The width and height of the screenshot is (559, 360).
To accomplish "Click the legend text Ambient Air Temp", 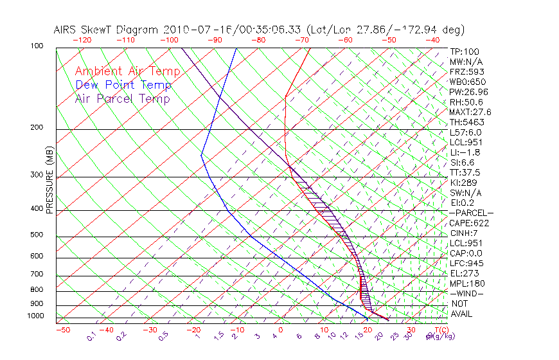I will point(127,71).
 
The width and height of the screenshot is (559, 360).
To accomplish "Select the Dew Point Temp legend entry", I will point(123,85).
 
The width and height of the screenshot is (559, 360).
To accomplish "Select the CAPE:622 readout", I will point(466,223).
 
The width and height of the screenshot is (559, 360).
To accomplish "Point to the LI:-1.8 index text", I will point(465,152).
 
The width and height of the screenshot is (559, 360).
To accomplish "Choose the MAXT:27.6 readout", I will point(471,112).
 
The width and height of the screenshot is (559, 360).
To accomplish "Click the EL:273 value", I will point(465,273).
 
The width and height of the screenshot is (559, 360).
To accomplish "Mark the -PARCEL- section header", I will point(471,213).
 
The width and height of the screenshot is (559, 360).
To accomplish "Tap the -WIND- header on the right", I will point(466,293).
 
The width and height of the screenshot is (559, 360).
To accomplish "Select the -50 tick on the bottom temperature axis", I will point(62,330).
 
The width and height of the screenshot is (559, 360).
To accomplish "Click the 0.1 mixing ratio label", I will point(92,336).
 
